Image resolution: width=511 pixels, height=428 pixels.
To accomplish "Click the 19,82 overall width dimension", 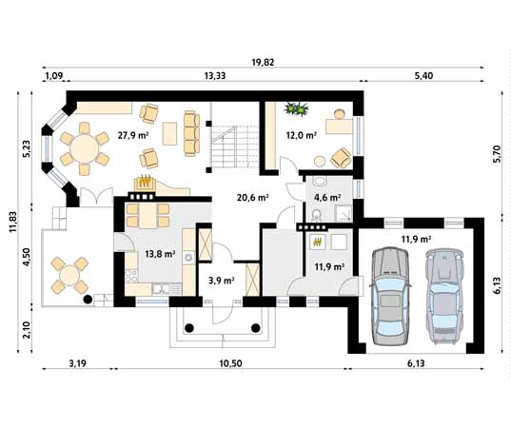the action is click(x=263, y=62).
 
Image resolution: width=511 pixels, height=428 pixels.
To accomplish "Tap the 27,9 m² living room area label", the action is click(x=133, y=135).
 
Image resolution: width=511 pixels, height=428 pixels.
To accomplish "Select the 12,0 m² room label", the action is click(x=302, y=135).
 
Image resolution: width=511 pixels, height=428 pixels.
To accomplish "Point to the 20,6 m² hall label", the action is click(x=252, y=198).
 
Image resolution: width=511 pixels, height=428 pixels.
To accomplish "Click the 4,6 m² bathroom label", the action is click(x=327, y=198).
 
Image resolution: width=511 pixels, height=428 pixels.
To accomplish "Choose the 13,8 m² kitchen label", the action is click(x=160, y=254).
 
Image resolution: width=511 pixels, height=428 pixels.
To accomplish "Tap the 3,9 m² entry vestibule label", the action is click(x=222, y=281).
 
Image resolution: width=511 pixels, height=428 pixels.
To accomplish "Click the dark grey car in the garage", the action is click(x=390, y=296).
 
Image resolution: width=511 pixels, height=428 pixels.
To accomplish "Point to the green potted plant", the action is click(x=296, y=108).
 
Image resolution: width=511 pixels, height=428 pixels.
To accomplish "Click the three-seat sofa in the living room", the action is click(x=191, y=133).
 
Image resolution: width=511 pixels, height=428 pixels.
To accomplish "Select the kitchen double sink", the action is click(x=161, y=289).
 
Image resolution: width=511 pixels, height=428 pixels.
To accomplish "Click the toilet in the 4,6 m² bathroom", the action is click(x=316, y=214).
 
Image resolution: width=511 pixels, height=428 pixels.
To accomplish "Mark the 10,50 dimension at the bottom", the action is click(x=230, y=363).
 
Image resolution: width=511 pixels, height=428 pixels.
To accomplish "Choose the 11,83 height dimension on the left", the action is click(x=13, y=222).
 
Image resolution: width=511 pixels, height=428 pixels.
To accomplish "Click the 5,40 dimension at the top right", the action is click(x=423, y=76).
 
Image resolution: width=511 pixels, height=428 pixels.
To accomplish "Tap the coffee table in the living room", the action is click(x=169, y=133).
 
